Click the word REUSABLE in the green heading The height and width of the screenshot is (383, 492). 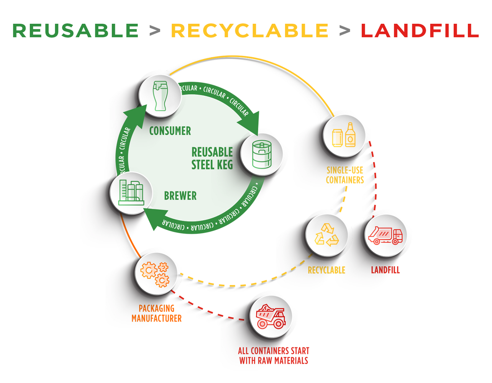[x=75, y=31]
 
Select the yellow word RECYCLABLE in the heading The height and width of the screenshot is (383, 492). [x=249, y=31]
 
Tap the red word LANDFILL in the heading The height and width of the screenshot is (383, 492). [x=420, y=31]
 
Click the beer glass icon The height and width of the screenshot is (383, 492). [x=160, y=96]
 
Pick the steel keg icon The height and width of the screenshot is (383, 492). [x=262, y=154]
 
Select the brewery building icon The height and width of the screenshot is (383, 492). [x=131, y=193]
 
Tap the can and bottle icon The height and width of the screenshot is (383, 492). [x=344, y=136]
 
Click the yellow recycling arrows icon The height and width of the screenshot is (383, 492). [x=326, y=235]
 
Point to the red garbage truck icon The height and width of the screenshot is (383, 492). [x=385, y=236]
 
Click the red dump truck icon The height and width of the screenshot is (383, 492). [x=271, y=316]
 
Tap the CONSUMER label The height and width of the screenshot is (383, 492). [x=170, y=131]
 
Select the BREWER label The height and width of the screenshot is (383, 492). [x=180, y=196]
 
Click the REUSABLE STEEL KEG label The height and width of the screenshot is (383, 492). [x=212, y=158]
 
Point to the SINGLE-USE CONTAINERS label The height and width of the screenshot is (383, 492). [x=345, y=175]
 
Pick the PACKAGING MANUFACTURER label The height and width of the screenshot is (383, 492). [x=156, y=313]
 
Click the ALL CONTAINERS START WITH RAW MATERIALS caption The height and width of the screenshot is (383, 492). [x=274, y=355]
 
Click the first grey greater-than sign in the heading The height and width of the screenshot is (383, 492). [x=154, y=31]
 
